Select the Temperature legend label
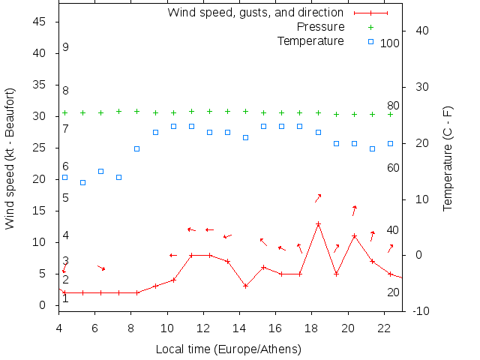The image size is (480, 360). pos(310,40)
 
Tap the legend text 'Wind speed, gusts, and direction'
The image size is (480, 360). pos(255,12)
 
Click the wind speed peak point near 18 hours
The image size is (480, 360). pos(318,223)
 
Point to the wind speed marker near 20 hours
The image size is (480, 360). pos(354,236)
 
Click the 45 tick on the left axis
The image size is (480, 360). pos(40,22)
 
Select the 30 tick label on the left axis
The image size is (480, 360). pos(40,116)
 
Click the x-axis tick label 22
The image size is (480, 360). pos(384,328)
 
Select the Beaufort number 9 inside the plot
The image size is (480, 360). pos(66,47)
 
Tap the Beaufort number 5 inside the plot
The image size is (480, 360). pos(66,198)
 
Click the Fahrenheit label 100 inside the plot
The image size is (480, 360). pos(390,43)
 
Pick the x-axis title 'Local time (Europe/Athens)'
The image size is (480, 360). pos(228,349)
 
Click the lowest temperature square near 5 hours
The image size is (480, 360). pos(82,182)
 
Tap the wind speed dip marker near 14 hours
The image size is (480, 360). pos(245,286)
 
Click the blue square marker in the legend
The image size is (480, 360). pos(370,41)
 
